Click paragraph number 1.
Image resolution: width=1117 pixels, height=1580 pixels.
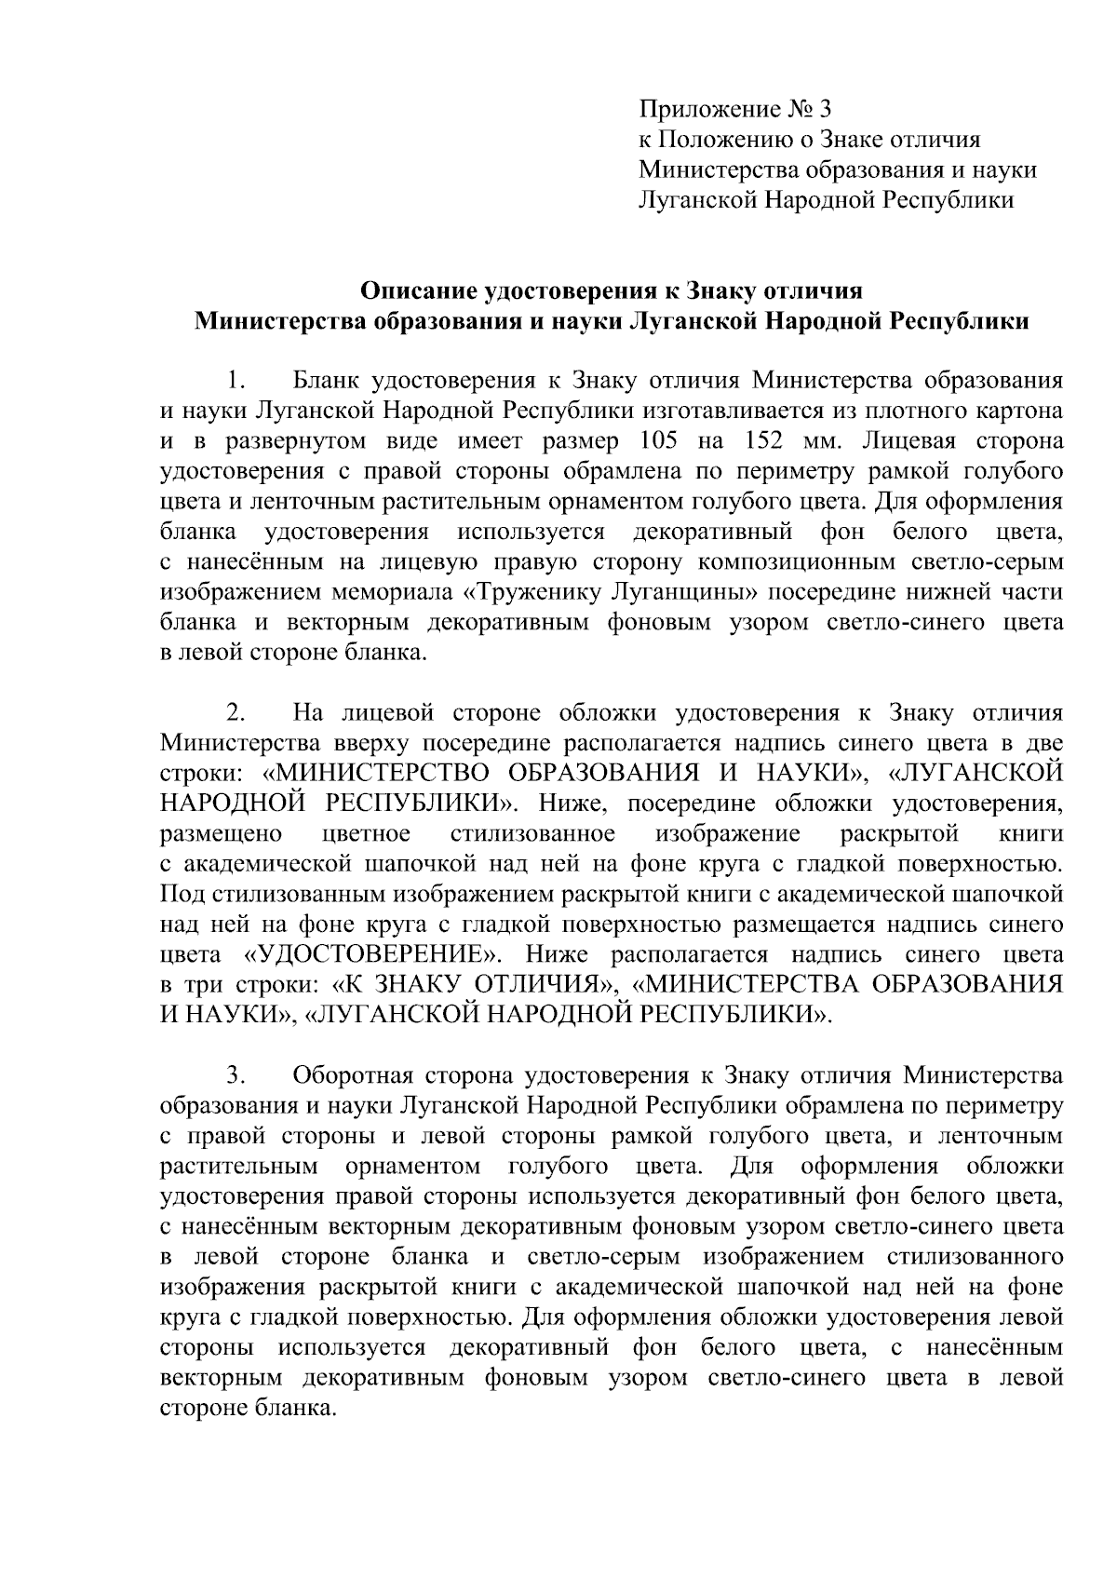(236, 381)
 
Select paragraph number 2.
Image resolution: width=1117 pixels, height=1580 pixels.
(236, 713)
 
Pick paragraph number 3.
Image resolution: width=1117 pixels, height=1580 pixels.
(236, 1075)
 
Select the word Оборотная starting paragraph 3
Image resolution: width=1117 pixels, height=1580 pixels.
(351, 1075)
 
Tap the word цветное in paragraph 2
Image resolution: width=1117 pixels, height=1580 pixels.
(365, 833)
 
